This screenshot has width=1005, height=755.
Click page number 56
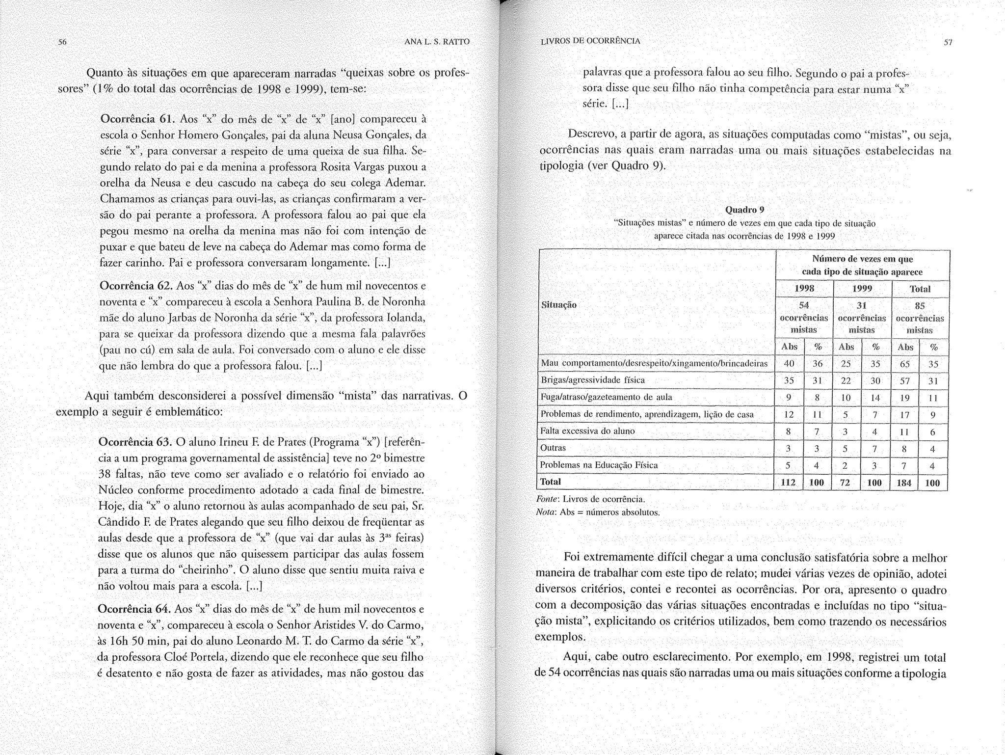click(62, 42)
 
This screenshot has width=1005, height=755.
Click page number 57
click(948, 43)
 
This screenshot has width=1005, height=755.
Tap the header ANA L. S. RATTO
click(436, 42)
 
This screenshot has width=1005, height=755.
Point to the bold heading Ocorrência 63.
click(134, 442)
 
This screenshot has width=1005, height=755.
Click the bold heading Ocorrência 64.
click(134, 609)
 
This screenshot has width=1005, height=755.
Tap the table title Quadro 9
click(744, 210)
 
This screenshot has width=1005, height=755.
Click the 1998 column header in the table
click(804, 289)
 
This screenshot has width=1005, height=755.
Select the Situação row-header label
click(558, 305)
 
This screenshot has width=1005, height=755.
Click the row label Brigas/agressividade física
click(592, 380)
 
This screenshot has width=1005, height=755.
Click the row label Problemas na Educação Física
click(599, 465)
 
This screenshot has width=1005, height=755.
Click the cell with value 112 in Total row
click(788, 483)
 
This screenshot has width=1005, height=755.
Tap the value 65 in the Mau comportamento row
click(905, 364)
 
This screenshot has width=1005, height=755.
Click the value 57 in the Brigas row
click(904, 381)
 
